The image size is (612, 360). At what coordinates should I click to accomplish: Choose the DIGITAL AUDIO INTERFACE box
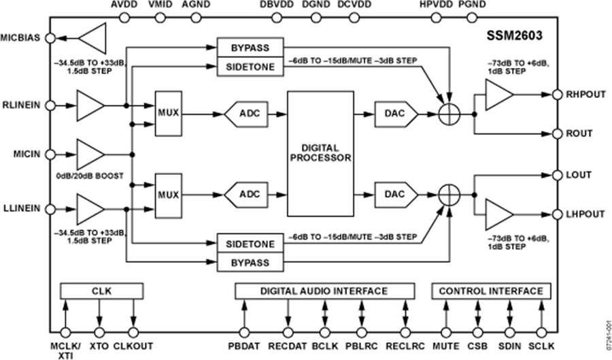pos(324,291)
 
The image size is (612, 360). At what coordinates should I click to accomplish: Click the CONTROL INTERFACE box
pos(491,291)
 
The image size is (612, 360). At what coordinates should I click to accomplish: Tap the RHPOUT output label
pos(585,94)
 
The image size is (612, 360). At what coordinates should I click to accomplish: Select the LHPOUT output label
pos(585,214)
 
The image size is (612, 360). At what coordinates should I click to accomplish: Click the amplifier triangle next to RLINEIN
pos(90,106)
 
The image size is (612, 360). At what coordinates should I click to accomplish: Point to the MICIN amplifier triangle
pos(90,154)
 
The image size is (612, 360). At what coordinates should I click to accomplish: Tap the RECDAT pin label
pos(288,346)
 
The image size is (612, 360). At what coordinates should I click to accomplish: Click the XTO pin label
pos(99,346)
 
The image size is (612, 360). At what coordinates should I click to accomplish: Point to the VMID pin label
pos(160,5)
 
